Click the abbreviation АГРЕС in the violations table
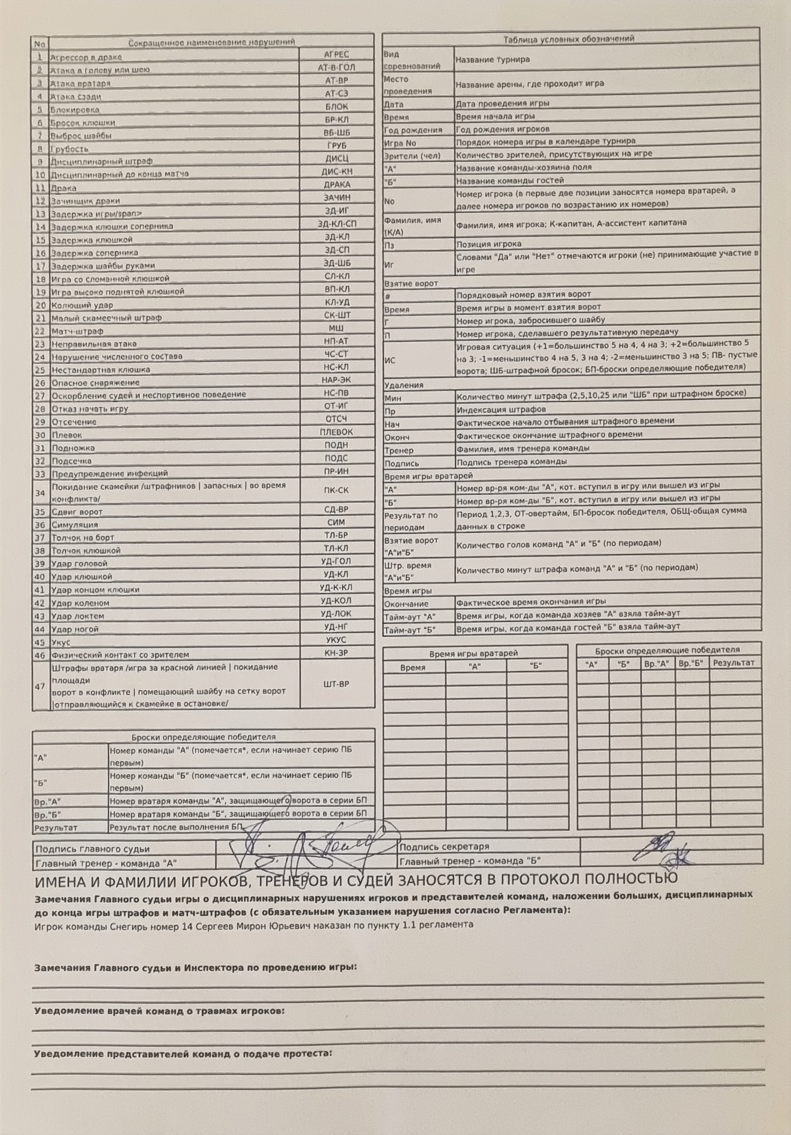pos(336,54)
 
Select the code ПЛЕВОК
pos(336,432)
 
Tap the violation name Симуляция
pos(75,525)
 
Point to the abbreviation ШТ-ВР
pos(336,685)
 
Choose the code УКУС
pos(336,640)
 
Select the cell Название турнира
pos(492,60)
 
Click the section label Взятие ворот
pos(411,284)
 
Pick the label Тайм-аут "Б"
pos(410,630)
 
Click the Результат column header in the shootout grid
pos(734,663)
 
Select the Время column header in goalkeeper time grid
pos(413,668)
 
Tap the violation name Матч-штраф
pos(77,331)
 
